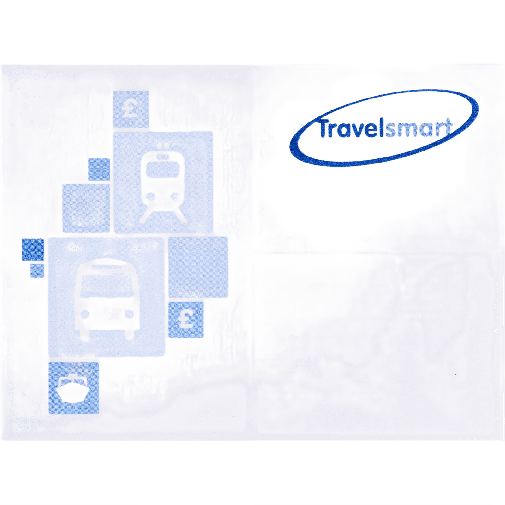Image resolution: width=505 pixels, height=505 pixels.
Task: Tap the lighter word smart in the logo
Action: [x=419, y=128]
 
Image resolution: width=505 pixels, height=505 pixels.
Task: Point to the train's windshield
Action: [x=163, y=171]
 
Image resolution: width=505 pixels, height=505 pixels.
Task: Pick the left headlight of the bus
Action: [x=85, y=314]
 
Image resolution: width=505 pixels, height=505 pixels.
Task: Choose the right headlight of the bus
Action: [x=129, y=314]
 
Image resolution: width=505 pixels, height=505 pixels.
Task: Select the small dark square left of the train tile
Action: [x=99, y=169]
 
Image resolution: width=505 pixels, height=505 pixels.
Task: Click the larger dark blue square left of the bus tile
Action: [x=33, y=250]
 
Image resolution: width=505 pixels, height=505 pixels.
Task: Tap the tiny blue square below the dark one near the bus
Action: [x=37, y=271]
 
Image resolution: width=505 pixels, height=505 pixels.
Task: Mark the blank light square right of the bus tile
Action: [x=198, y=267]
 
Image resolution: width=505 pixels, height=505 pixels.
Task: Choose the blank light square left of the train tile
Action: [x=86, y=208]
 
